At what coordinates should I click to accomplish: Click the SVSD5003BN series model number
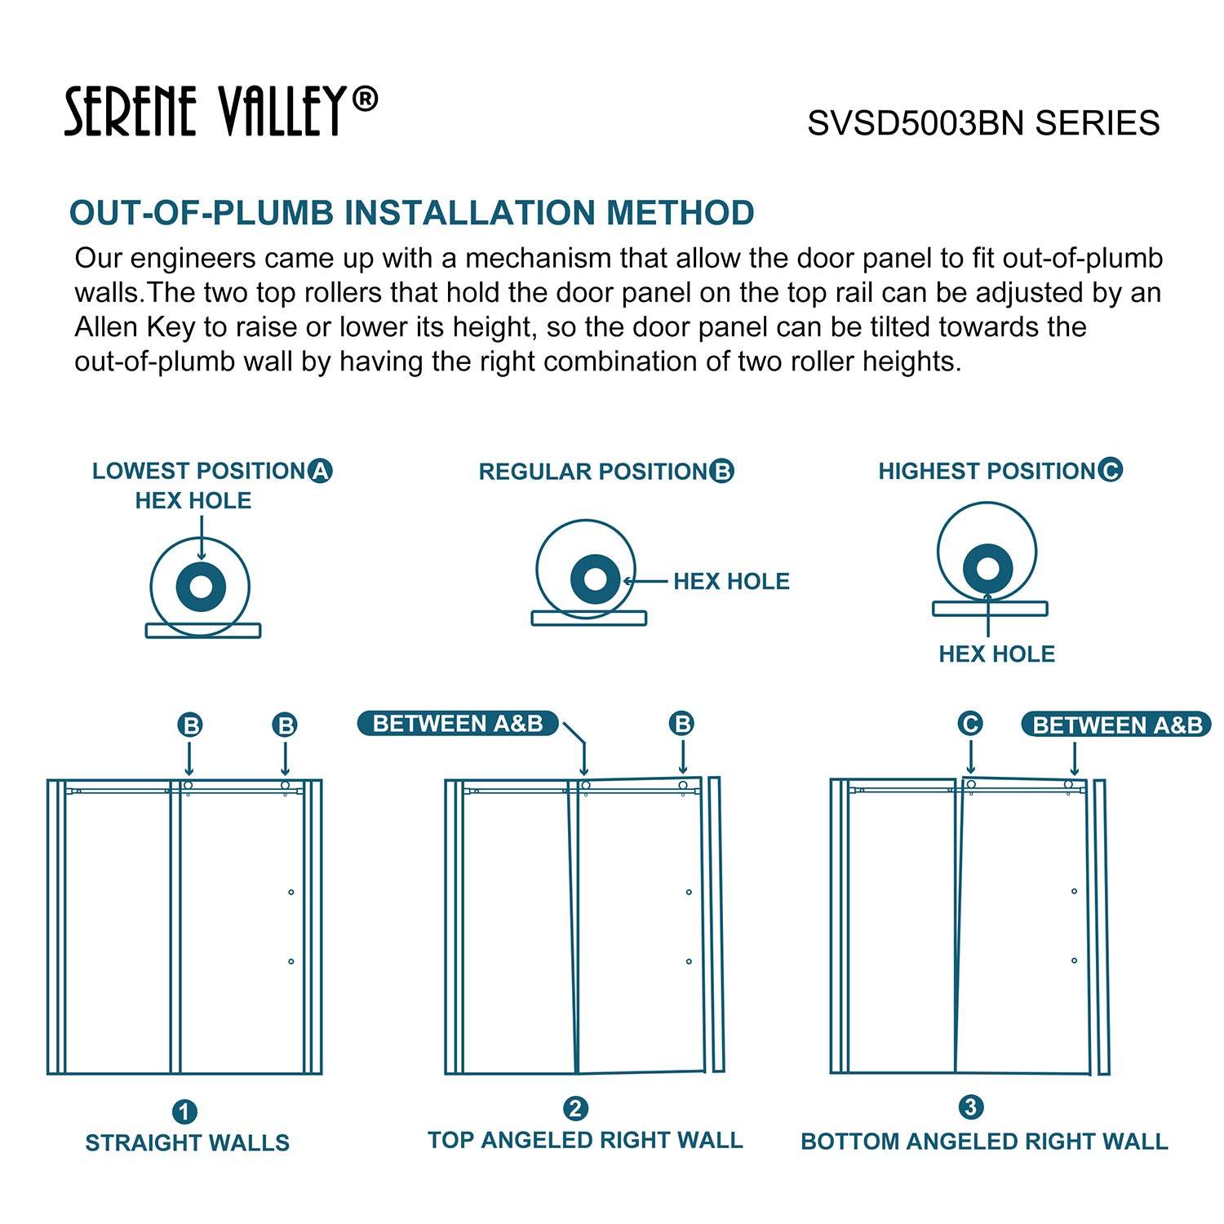[x=983, y=123]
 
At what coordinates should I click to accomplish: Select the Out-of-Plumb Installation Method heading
[x=411, y=213]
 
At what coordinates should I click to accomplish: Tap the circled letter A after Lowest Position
[x=321, y=471]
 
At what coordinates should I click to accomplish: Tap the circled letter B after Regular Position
[x=721, y=471]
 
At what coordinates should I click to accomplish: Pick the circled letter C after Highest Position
[x=1111, y=470]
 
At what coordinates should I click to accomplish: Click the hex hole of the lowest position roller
[x=201, y=587]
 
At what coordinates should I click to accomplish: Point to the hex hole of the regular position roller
[x=596, y=579]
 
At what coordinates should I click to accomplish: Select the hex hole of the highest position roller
[x=988, y=568]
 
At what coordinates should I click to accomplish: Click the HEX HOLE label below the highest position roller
[x=996, y=654]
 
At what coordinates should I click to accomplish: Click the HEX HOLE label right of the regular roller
[x=731, y=581]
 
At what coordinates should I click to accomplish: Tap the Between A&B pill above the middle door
[x=458, y=724]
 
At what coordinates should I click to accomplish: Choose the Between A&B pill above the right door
[x=1117, y=725]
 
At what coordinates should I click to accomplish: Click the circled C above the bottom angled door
[x=970, y=724]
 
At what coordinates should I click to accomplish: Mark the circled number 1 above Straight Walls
[x=184, y=1111]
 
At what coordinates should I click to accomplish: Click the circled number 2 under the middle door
[x=575, y=1109]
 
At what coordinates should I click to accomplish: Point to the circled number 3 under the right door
[x=970, y=1107]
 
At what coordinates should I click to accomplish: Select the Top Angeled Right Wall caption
[x=585, y=1140]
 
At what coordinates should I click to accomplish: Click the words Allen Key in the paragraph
[x=135, y=327]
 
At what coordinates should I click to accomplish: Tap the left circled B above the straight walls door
[x=190, y=725]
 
